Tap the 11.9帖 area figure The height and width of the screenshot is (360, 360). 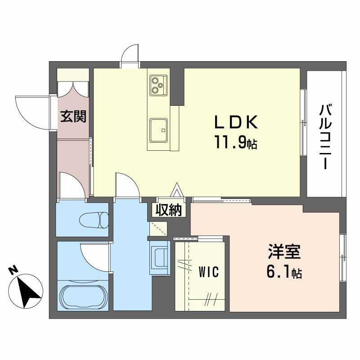point(236,143)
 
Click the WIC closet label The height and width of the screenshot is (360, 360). point(208,272)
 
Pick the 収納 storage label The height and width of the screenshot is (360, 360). point(169,210)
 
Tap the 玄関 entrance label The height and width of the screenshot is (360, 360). point(73,116)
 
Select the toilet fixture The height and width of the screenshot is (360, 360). point(94,220)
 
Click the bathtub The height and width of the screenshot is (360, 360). point(83,297)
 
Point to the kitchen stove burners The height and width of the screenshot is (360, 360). point(158,85)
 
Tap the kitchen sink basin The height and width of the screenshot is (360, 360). point(158,130)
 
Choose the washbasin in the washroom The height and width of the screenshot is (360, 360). point(160,257)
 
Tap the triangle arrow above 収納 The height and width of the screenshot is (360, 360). point(177,189)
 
